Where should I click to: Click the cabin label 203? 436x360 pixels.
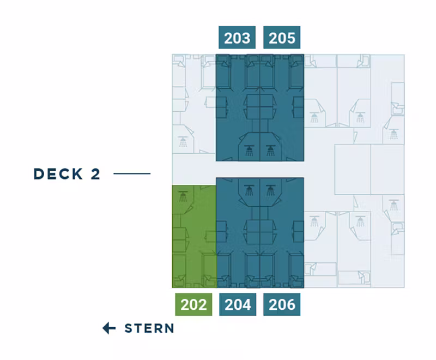point(237,38)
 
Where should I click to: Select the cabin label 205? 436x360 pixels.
point(282,38)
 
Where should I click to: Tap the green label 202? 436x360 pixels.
point(193,304)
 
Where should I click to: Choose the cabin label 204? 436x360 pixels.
point(238,304)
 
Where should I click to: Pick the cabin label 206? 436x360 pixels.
point(282,304)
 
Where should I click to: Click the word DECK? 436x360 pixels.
point(58,174)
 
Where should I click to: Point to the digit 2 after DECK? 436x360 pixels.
point(95,174)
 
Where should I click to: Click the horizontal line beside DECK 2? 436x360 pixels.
point(132,173)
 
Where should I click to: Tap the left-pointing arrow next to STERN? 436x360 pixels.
point(109,328)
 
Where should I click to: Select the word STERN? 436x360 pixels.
point(149,328)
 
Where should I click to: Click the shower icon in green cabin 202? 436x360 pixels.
point(183,196)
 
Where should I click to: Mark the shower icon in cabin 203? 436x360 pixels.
point(249,150)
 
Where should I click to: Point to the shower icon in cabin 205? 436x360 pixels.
point(270,150)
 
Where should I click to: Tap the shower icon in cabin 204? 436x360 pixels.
point(249,190)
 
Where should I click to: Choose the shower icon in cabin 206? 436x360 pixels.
point(270,190)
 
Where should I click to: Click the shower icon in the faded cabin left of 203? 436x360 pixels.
point(183,142)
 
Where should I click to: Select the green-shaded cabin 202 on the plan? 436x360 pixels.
point(194,237)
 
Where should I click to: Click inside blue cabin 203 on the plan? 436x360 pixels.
point(238,107)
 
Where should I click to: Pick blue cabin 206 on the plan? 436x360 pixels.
point(282,232)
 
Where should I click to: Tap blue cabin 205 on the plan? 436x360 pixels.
point(282,107)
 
